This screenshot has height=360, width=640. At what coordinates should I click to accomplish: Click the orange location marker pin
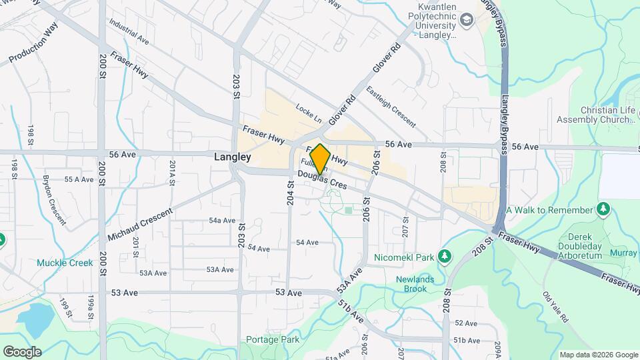[x=320, y=159]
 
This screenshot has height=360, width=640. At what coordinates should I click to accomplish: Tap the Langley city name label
[x=233, y=157]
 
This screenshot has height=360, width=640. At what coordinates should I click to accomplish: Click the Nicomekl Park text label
[x=413, y=257]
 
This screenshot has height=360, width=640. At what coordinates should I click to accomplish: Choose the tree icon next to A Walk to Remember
[x=603, y=210]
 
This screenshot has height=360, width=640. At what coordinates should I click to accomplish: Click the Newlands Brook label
[x=420, y=284]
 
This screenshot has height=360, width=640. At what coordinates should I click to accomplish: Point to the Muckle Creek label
[x=65, y=263]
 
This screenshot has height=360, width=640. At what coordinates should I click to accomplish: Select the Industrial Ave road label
[x=129, y=31]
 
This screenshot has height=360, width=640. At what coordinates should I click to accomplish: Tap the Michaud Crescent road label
[x=139, y=224]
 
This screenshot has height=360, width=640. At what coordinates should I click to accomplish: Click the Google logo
[x=21, y=351]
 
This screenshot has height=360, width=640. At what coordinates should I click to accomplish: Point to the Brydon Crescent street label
[x=55, y=200]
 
